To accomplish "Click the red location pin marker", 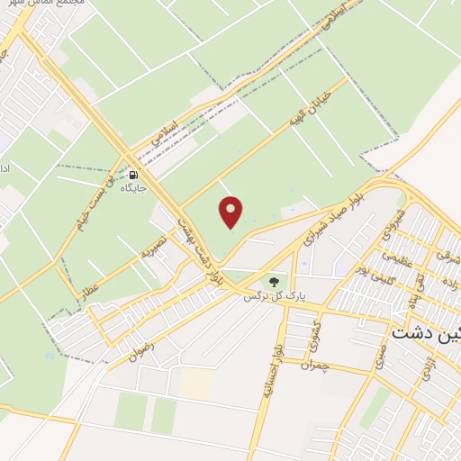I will pyautogui.click(x=231, y=212).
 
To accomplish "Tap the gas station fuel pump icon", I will pyautogui.click(x=133, y=176).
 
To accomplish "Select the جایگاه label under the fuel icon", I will pyautogui.click(x=133, y=189).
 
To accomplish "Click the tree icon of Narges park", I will pyautogui.click(x=274, y=281).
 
